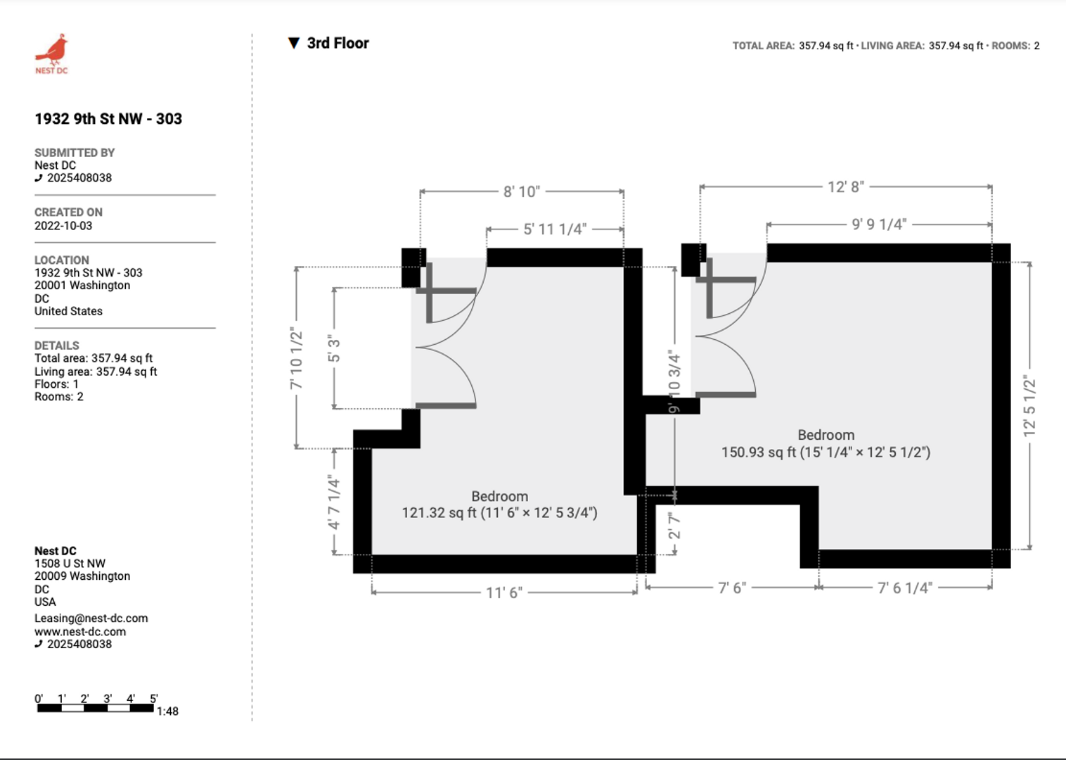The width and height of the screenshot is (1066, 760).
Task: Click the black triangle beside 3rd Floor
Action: click(294, 44)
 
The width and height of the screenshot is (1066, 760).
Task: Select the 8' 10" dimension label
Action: click(522, 192)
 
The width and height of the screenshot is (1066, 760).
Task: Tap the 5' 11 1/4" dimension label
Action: click(555, 229)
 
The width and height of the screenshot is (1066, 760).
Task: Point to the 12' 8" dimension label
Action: click(846, 187)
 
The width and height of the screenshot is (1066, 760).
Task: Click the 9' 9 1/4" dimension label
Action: click(879, 224)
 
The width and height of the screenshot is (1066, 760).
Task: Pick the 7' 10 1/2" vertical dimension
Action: click(296, 358)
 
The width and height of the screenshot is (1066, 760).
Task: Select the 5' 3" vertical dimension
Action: click(334, 348)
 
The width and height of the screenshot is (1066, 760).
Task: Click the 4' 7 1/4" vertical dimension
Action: click(334, 502)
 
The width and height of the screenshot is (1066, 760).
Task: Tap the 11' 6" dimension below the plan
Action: click(504, 593)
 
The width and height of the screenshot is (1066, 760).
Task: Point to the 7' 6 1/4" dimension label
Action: click(905, 588)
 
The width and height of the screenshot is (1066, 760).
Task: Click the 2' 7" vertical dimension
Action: click(674, 526)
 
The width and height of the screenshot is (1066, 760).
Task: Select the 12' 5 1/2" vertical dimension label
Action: click(1029, 406)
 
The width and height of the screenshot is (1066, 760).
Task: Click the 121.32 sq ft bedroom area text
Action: click(500, 513)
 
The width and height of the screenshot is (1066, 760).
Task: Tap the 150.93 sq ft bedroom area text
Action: click(826, 452)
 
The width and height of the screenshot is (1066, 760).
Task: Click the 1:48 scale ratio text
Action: click(167, 711)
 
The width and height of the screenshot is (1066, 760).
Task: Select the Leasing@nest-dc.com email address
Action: click(91, 618)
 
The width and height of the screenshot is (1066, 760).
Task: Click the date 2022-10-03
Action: click(63, 226)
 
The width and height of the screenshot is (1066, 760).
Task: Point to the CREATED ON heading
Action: click(68, 213)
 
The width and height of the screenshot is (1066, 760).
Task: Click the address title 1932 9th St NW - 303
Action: click(108, 118)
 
